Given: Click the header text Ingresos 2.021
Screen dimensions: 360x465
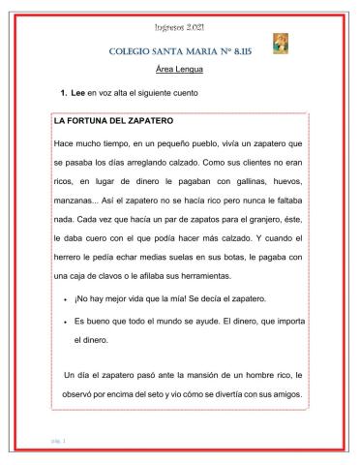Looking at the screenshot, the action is pos(180,23).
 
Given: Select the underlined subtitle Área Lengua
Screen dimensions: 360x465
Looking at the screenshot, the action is pos(180,70).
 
